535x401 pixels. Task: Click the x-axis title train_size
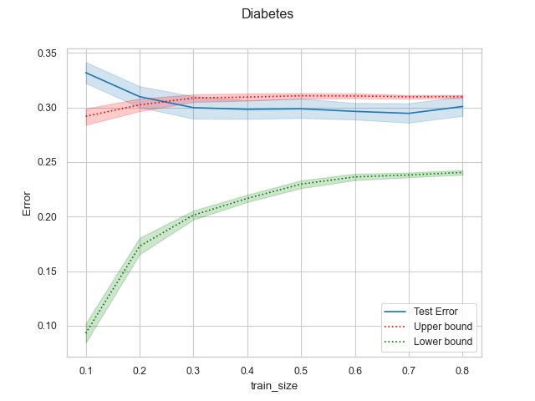point(273,387)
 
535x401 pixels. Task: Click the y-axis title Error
point(28,205)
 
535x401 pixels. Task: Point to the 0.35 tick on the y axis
point(47,53)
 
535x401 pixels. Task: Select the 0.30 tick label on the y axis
point(47,108)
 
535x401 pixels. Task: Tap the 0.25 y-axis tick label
point(47,162)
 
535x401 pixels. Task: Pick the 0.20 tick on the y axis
point(47,217)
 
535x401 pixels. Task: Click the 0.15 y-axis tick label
point(47,272)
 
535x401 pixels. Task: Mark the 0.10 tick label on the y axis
point(47,326)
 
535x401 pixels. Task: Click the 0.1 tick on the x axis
point(85,369)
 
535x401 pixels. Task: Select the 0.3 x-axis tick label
point(193,369)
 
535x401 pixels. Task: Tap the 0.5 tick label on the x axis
point(301,369)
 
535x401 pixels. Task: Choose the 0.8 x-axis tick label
point(462,369)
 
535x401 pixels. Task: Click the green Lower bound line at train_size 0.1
point(85,332)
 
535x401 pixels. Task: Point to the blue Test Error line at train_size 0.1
point(85,73)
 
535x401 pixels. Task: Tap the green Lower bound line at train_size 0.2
point(140,246)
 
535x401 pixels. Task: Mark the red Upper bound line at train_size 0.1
point(85,116)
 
